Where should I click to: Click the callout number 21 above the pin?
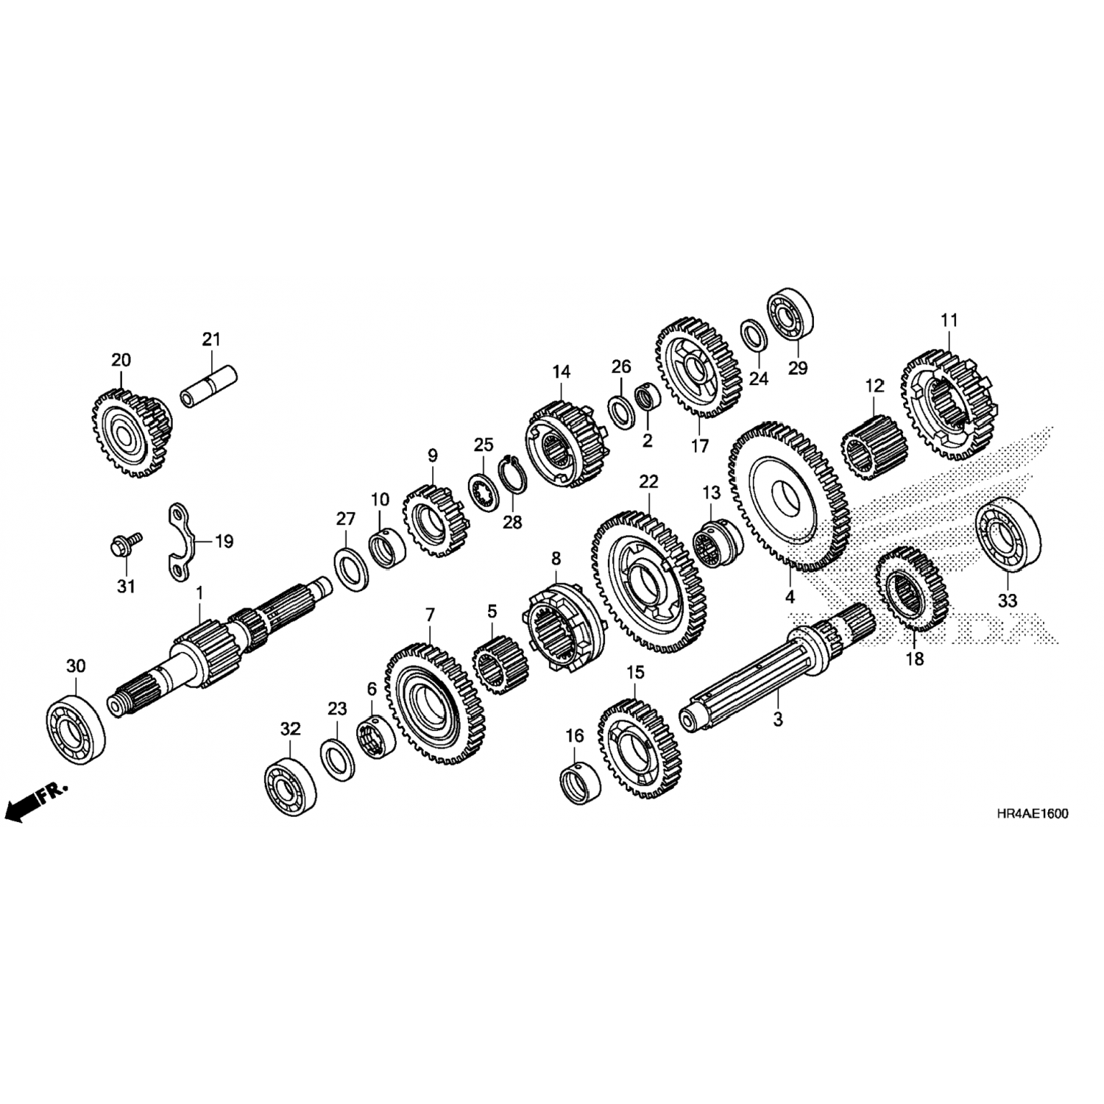click(211, 339)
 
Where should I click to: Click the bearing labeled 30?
click(75, 723)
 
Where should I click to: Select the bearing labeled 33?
click(1008, 534)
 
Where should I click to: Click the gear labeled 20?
click(132, 434)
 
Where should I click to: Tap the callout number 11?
click(949, 320)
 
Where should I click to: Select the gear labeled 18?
click(913, 589)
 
